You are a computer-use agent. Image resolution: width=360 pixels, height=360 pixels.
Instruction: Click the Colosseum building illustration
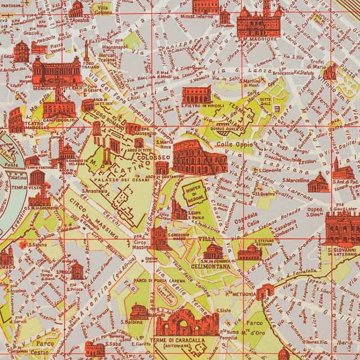[199, 157]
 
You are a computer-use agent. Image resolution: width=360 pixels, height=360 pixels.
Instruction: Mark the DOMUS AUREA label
[221, 129]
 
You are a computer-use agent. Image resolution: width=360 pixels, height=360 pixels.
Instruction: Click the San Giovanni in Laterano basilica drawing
[342, 228]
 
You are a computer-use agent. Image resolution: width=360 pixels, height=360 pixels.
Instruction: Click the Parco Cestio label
[45, 347]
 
